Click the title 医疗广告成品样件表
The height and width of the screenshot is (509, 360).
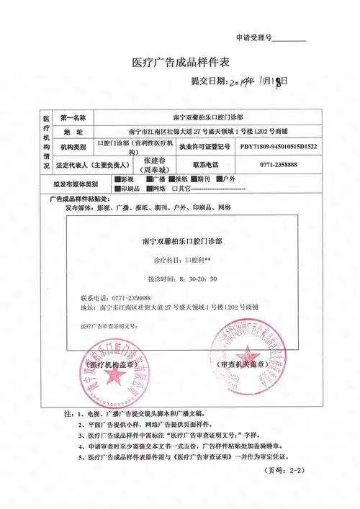[x=180, y=63]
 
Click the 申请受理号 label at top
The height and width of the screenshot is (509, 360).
[x=253, y=37]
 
